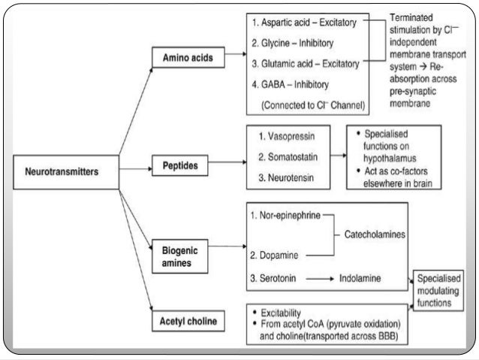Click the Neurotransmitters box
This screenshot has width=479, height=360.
(x=65, y=171)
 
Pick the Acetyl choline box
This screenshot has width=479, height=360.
(x=186, y=322)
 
